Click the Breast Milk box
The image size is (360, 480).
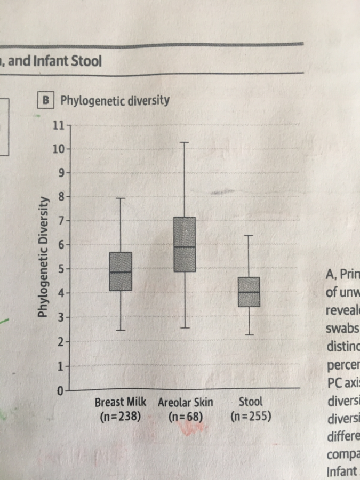click(x=121, y=271)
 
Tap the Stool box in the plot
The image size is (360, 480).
click(x=249, y=292)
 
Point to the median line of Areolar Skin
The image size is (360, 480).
click(x=185, y=247)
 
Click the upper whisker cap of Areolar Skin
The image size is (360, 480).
click(x=185, y=142)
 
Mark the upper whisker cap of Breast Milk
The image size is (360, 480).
click(x=121, y=198)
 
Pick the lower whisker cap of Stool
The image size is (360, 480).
click(x=249, y=334)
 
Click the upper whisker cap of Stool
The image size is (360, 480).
click(x=249, y=235)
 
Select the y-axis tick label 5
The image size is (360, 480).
click(x=61, y=269)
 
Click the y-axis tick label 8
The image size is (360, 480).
click(x=61, y=196)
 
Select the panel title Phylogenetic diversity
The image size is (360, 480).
click(x=115, y=100)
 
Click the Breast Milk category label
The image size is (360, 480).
click(x=121, y=402)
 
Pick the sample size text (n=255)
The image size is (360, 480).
click(x=251, y=414)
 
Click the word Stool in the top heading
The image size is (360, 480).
click(x=85, y=61)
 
